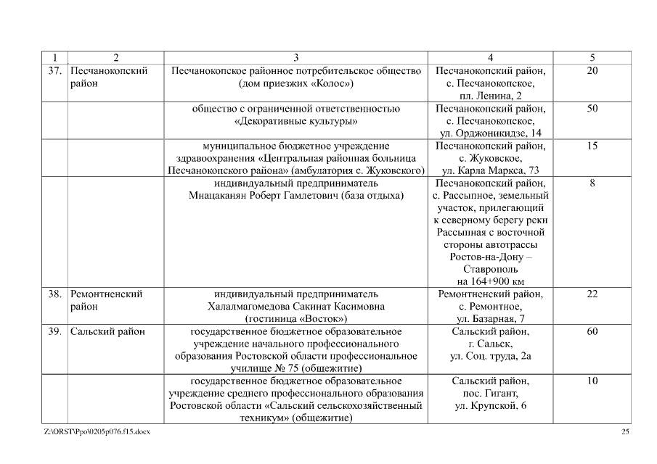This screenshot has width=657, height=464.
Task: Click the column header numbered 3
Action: click(295, 57)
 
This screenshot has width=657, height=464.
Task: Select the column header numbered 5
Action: click(592, 57)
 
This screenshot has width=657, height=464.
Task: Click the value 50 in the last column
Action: click(592, 108)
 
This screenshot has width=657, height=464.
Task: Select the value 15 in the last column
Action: click(592, 146)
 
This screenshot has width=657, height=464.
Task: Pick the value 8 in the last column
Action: click(592, 183)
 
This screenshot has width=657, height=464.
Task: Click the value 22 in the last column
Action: click(592, 294)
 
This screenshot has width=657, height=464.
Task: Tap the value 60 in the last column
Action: click(592, 331)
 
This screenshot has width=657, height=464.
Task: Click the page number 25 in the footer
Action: click(625, 432)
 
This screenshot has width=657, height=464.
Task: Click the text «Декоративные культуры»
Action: click(295, 121)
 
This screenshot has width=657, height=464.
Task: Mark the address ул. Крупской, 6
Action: click(491, 406)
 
